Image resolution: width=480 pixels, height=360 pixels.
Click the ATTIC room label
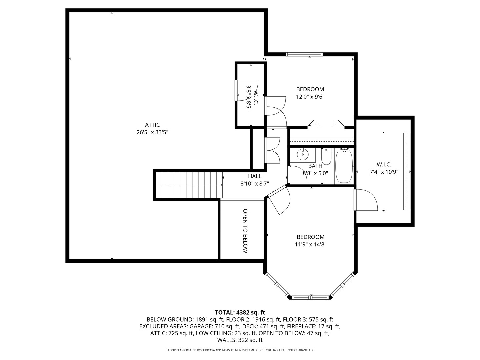pos(152,125)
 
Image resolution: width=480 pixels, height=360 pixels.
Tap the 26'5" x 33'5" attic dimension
pos(152,132)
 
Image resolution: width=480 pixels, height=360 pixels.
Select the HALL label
pos(255,176)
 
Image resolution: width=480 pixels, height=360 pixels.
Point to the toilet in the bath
pos(326,157)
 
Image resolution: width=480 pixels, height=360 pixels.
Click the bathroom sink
pos(303,154)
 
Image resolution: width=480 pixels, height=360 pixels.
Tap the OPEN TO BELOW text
pos(245,231)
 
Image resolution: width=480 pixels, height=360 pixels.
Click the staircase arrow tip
pos(222,185)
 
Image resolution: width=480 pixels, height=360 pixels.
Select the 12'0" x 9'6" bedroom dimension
pos(310,97)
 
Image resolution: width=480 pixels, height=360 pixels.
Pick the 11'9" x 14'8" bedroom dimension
pos(310,244)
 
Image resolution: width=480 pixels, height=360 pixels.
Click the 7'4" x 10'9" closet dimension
pos(384,172)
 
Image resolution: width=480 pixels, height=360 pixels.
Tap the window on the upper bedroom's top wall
pos(304,54)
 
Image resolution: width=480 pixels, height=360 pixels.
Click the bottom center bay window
pos(311,297)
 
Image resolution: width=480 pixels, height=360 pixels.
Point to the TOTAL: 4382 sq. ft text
pos(240,312)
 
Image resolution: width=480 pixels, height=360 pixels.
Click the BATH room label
pos(315,166)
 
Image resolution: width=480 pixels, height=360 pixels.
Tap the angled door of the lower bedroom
pos(279,200)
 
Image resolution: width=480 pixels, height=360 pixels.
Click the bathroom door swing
pos(298,174)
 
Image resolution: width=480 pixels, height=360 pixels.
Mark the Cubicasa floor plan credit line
pos(240,350)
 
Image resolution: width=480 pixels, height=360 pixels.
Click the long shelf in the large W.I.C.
pos(407,171)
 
